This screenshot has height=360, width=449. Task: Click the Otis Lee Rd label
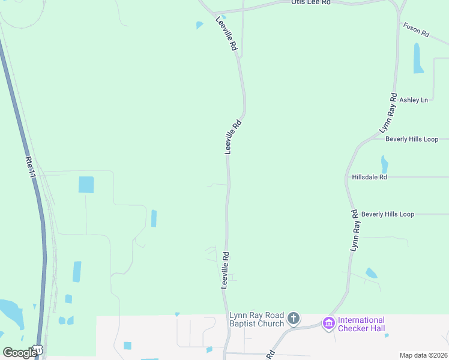311,3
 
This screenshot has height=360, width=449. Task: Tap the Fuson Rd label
416,30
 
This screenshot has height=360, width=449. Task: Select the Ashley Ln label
414,100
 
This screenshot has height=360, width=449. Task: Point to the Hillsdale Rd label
370,177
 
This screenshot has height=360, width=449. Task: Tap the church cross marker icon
293,318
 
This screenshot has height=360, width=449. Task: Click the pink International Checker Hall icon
328,323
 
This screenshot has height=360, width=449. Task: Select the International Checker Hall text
362,324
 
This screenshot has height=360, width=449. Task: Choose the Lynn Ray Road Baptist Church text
256,320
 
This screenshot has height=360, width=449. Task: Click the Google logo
20,352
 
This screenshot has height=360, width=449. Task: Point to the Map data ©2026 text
423,355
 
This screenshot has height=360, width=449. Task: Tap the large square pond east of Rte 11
86,185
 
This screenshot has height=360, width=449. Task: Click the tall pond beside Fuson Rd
418,58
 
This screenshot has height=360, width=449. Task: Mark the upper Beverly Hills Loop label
412,139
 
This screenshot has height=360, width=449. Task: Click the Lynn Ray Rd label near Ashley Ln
388,113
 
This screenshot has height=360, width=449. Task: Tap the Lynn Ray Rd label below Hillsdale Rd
355,230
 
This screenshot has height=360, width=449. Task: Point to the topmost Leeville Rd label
227,37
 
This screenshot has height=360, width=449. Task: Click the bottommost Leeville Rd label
226,270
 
